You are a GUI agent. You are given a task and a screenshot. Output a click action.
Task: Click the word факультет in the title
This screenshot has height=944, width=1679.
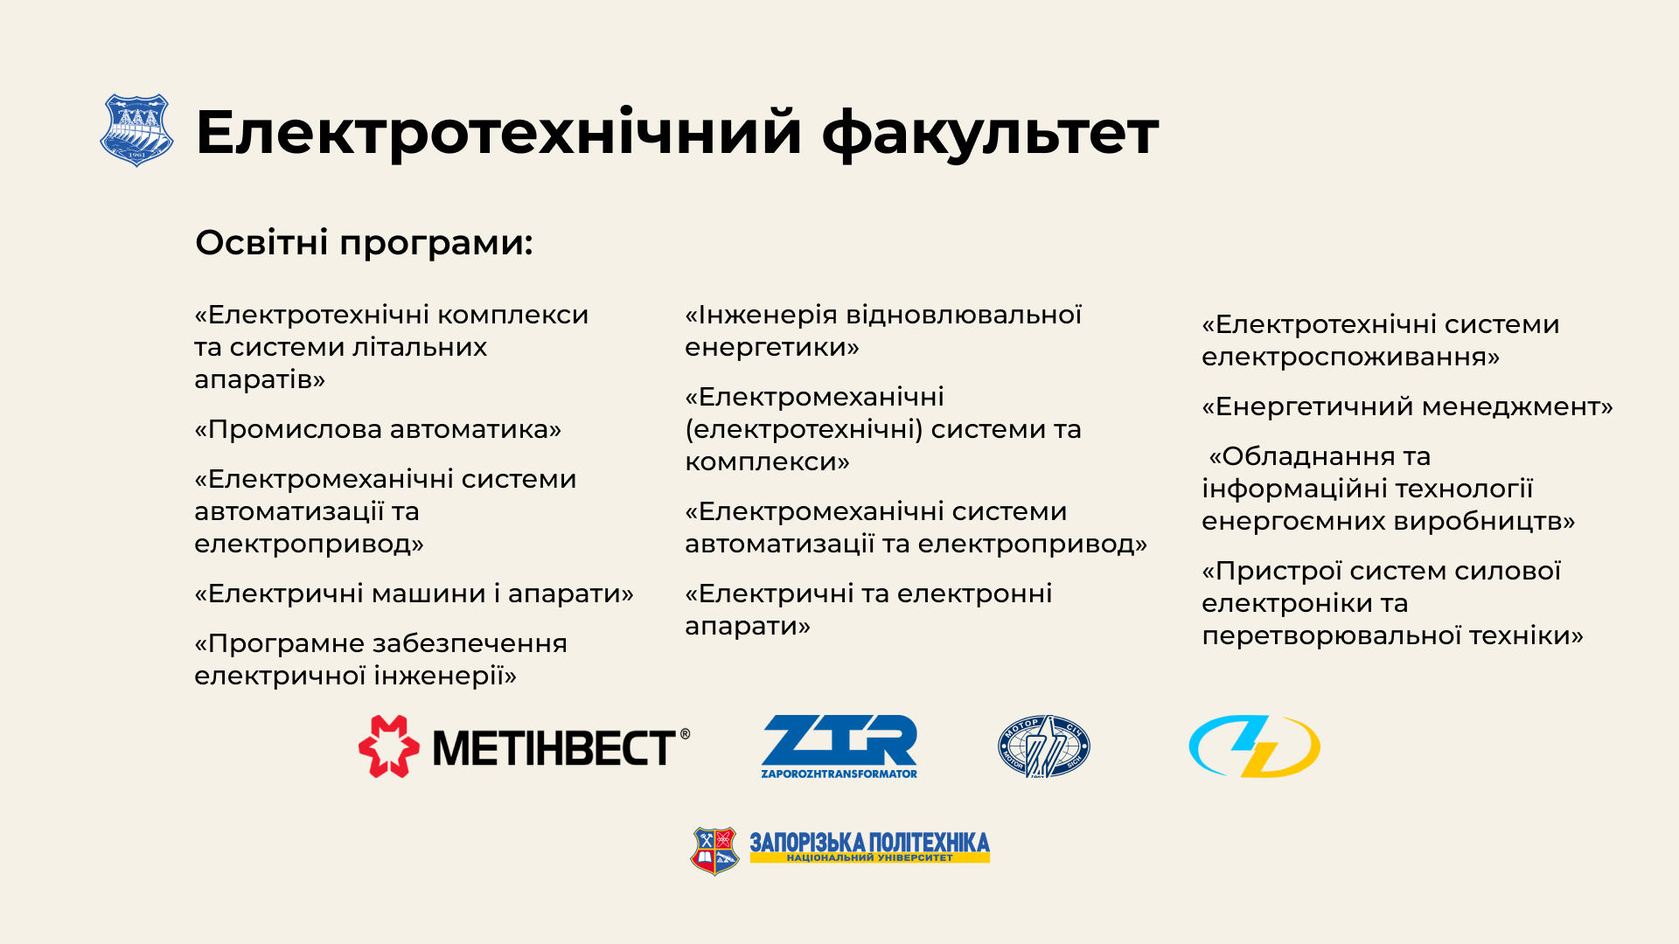990,134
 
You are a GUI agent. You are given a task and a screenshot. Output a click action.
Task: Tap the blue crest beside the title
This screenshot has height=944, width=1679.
136,130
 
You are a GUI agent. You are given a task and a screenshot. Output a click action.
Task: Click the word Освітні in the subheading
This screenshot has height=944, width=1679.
261,242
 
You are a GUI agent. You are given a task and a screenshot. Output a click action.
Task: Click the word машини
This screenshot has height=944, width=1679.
428,593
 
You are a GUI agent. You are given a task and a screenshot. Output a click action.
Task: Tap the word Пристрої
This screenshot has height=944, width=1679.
1278,572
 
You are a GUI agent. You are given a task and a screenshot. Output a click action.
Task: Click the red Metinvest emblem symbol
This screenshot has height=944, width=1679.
389,746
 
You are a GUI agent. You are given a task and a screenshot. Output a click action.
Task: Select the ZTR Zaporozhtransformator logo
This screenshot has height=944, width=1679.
839,746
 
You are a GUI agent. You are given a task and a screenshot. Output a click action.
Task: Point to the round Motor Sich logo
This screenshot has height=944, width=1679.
1044,746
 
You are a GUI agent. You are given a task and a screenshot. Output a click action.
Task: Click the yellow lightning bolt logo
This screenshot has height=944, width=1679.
1254,746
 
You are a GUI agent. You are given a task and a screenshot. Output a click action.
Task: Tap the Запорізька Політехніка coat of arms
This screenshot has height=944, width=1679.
715,851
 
